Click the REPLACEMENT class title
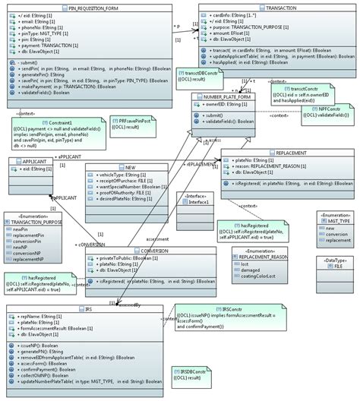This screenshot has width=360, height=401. point(271,153)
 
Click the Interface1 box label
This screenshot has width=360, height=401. point(196,201)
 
